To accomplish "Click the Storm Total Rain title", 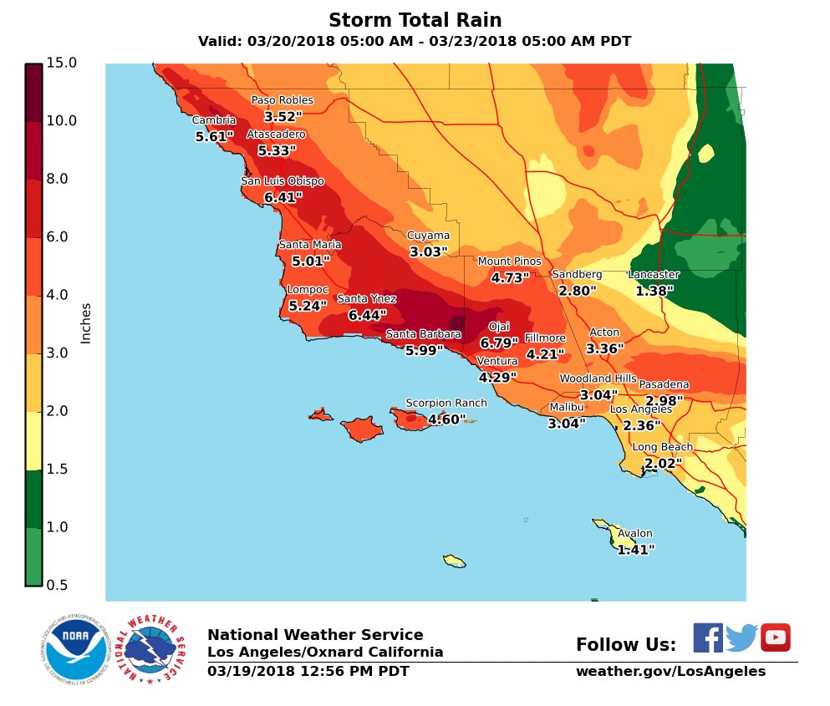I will tap(415, 20).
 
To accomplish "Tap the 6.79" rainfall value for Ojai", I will tap(499, 343).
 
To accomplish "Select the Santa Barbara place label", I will tap(423, 334).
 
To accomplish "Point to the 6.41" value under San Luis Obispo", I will tap(283, 198).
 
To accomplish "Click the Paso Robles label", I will tap(283, 100).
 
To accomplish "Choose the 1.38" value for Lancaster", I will tap(654, 291).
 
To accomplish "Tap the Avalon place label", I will tap(635, 534).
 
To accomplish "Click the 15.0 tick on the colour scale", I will tap(62, 63).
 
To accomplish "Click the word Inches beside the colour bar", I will tap(86, 323).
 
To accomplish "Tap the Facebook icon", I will tap(707, 637).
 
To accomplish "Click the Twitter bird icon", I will tap(741, 638).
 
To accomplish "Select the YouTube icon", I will tap(775, 637).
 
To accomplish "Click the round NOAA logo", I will tap(76, 649).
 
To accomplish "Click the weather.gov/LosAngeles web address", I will tap(670, 672).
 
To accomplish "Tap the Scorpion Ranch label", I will tap(446, 403).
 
